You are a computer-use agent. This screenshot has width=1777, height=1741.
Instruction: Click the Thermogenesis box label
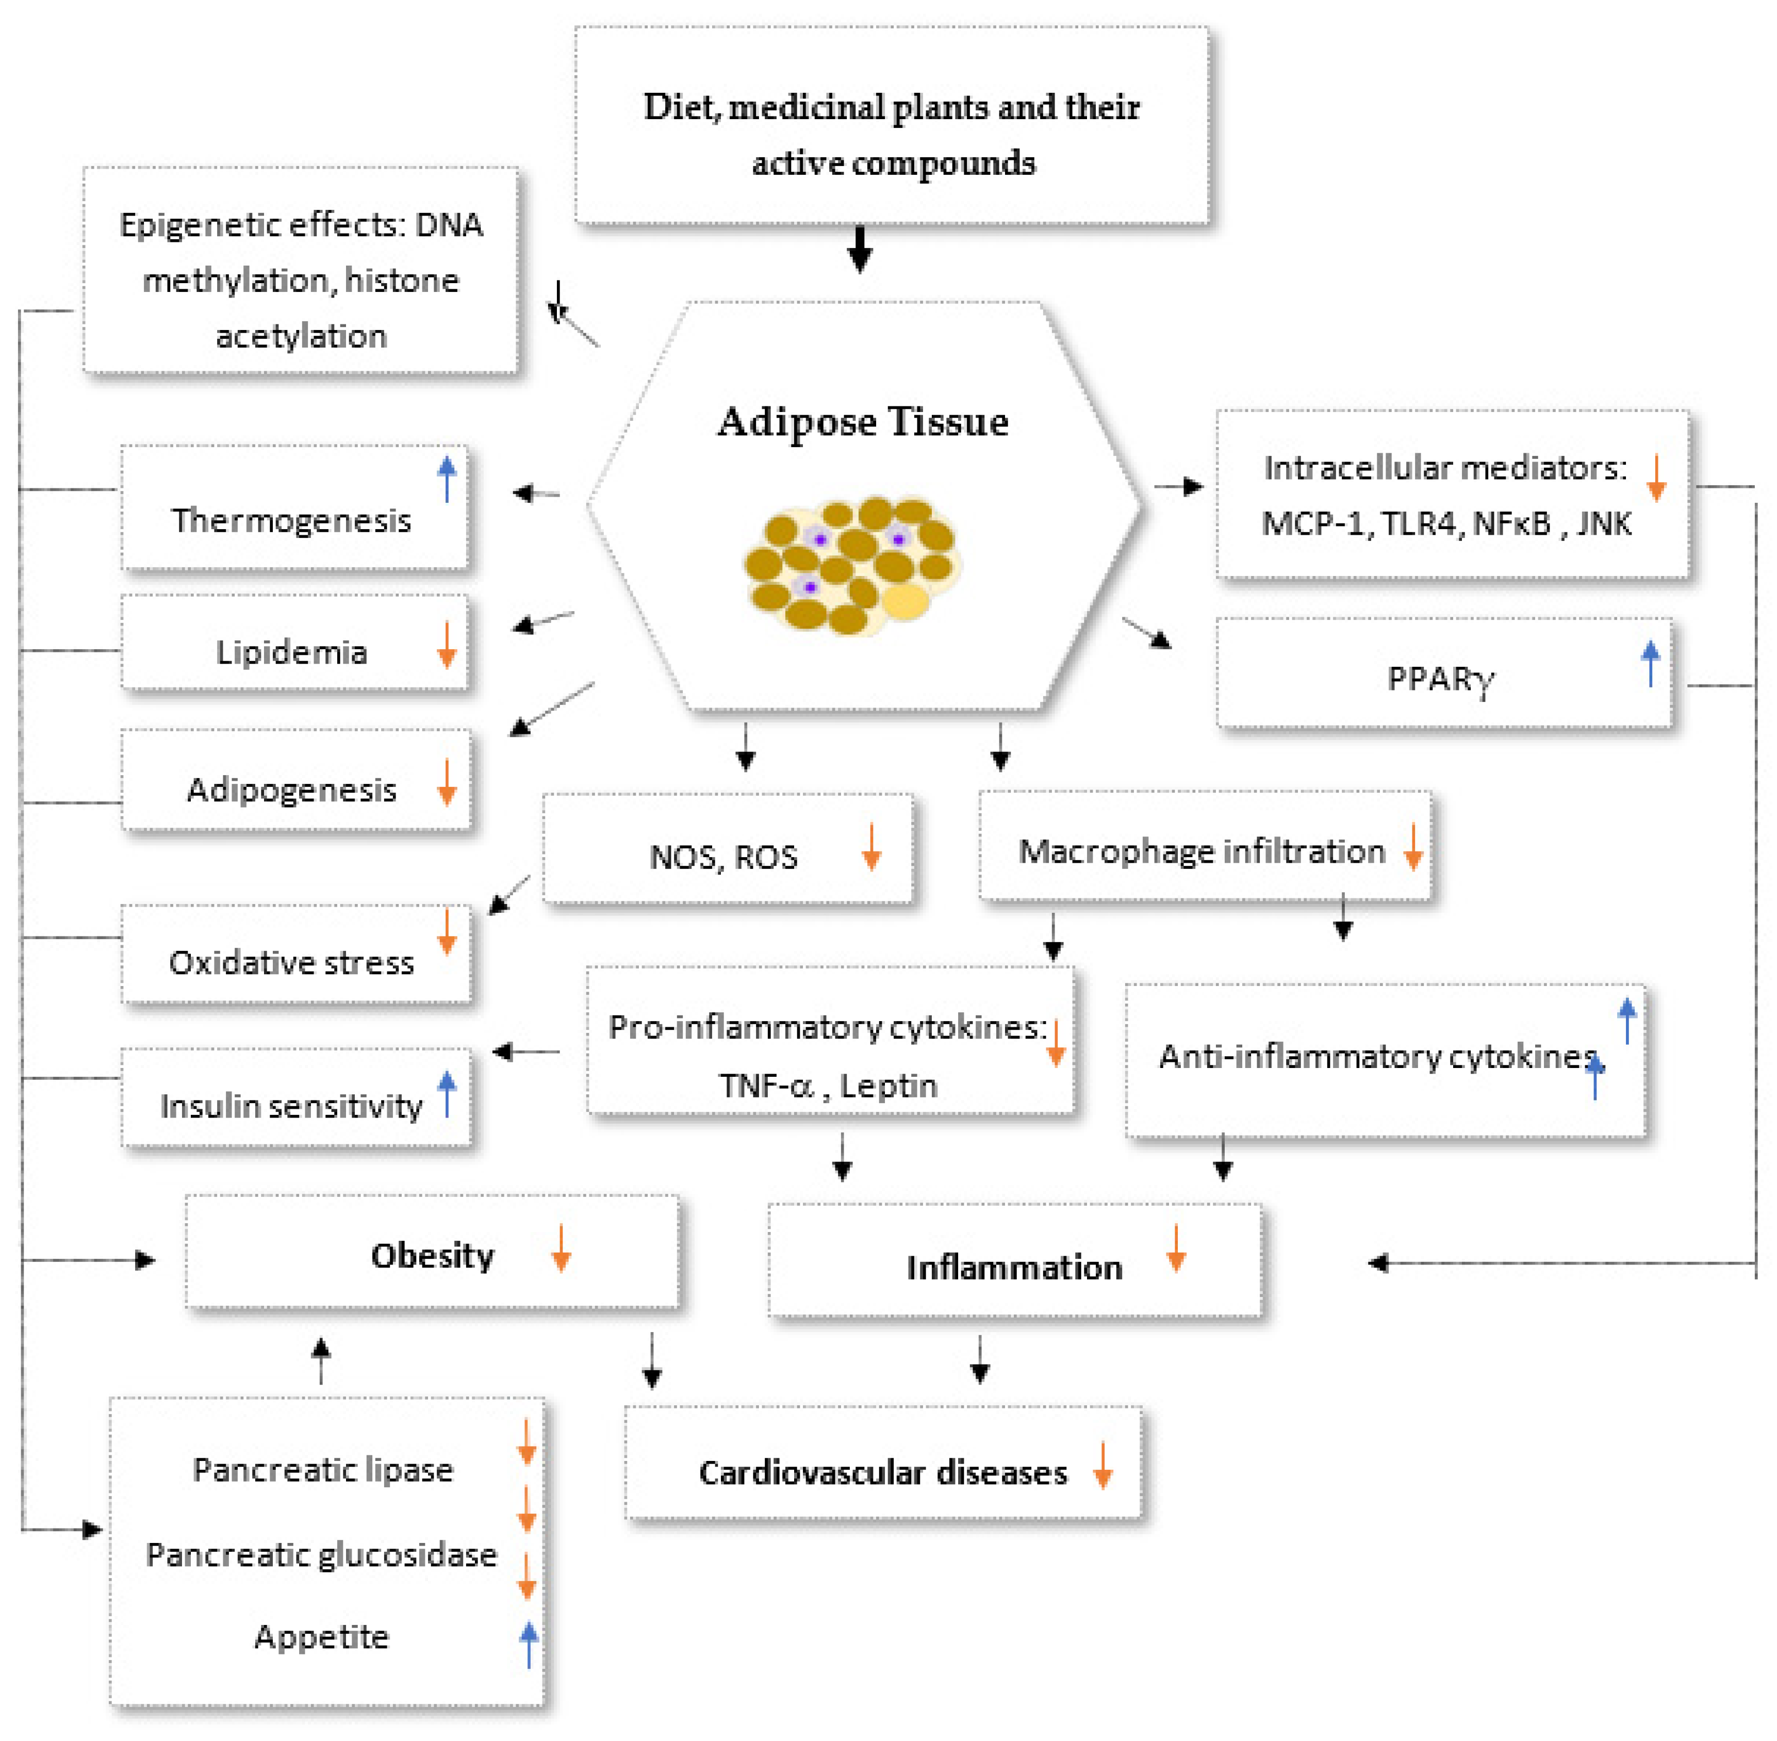pos(291,520)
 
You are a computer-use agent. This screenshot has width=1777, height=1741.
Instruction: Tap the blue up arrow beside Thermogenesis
pos(446,478)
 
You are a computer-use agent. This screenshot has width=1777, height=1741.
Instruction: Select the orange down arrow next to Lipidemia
pos(446,645)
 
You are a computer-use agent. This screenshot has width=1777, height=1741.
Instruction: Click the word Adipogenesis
pos(291,789)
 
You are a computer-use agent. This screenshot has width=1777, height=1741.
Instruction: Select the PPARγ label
pos(1440,679)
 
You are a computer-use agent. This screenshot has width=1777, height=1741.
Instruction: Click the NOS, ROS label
pos(722,857)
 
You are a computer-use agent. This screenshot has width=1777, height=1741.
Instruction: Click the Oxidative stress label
pos(291,962)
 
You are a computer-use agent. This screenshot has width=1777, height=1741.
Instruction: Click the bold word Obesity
pos(432,1255)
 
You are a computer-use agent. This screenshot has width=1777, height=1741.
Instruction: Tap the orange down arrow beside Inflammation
pos(1176,1248)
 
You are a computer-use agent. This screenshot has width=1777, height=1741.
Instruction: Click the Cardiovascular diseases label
pos(882,1472)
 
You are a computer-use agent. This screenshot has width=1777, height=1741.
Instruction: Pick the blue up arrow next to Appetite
pos(528,1643)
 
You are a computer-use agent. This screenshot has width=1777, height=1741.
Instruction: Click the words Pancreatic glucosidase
pos(321,1554)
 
